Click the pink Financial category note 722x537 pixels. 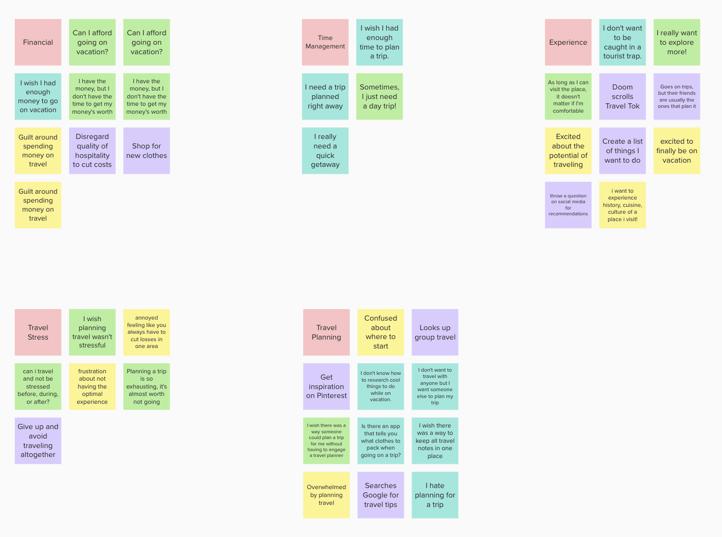pos(38,42)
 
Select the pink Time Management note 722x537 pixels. pos(325,42)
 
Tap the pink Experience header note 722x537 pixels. pos(568,42)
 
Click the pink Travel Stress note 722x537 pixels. pos(38,332)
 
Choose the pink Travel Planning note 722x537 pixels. pos(326,332)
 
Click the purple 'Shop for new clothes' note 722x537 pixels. pos(147,151)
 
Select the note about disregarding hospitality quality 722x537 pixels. pos(92,151)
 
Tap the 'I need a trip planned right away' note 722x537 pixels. pos(325,96)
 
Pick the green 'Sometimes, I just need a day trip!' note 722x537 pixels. pos(379,96)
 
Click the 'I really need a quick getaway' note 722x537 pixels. pos(325,151)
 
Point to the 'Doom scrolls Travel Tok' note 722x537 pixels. pos(622,96)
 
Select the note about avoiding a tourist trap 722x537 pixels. pos(622,42)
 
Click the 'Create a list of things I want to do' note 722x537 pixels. pos(622,151)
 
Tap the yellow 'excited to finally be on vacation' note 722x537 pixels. pos(677,151)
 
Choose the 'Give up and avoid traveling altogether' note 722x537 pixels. pos(38,441)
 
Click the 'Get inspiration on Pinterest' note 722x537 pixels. pos(326,386)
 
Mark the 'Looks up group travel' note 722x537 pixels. pos(435,332)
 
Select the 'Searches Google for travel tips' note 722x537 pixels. pos(380,495)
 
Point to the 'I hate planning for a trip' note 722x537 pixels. pos(435,495)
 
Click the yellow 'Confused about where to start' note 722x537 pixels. pos(380,332)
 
